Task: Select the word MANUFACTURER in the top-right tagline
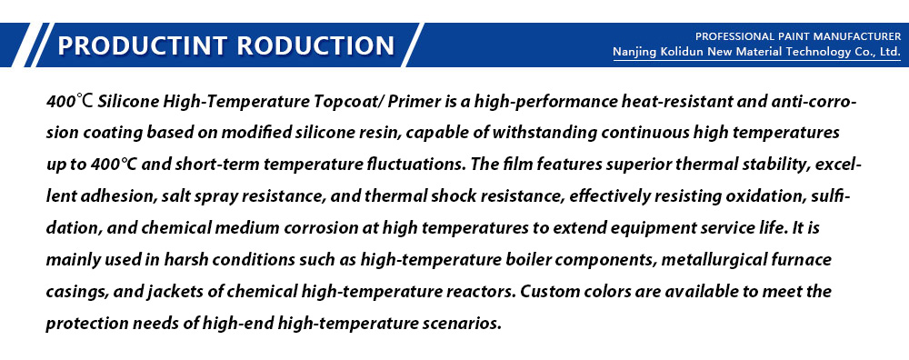click(854, 37)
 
